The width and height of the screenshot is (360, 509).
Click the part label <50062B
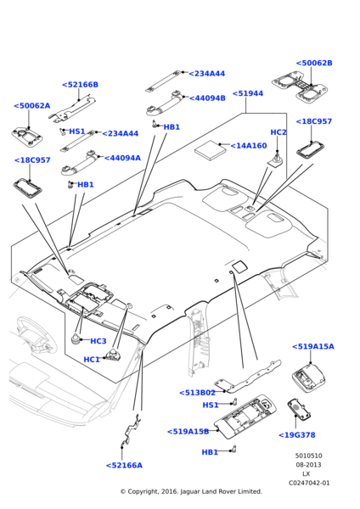tap(314, 63)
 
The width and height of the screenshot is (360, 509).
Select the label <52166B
tap(80, 85)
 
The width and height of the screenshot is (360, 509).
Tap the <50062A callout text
tap(32, 106)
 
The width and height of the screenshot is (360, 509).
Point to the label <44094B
tap(207, 98)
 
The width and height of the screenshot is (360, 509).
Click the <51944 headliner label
tap(248, 93)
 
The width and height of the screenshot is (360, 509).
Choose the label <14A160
tap(249, 146)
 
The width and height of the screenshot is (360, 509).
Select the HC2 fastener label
tap(278, 132)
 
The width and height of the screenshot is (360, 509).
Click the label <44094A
tap(122, 158)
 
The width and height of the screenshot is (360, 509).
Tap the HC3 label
tap(98, 341)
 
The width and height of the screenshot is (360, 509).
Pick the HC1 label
tap(92, 360)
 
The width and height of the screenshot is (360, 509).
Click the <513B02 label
tap(197, 393)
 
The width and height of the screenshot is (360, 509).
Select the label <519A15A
tap(313, 347)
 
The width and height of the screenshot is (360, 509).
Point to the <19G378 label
tap(296, 435)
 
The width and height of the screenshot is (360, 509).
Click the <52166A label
tap(124, 466)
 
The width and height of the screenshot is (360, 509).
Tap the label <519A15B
tap(188, 432)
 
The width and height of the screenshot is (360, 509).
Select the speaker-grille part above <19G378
tap(299, 409)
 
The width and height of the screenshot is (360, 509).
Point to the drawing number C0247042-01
tap(309, 483)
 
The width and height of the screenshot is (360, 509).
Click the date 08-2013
tap(308, 465)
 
